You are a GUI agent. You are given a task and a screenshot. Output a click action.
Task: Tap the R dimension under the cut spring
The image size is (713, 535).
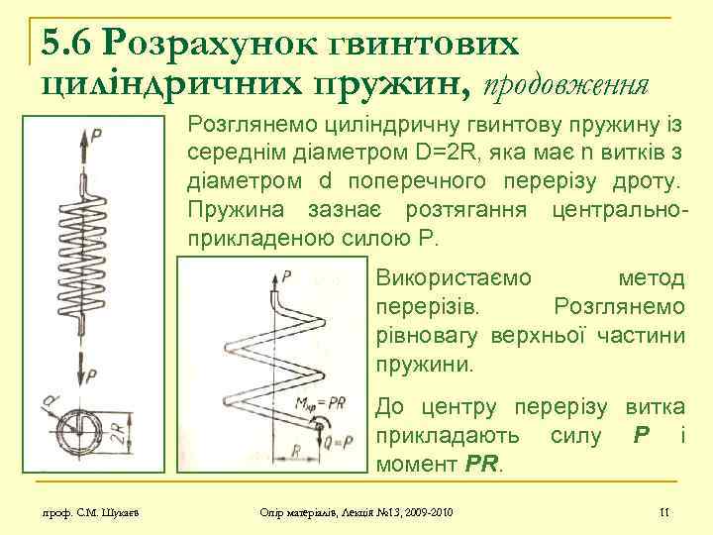[x=297, y=451]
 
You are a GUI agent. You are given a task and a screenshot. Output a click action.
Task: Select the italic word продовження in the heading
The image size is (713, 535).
[x=565, y=85]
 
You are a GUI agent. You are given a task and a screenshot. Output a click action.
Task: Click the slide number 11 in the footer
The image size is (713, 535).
[x=664, y=511]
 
